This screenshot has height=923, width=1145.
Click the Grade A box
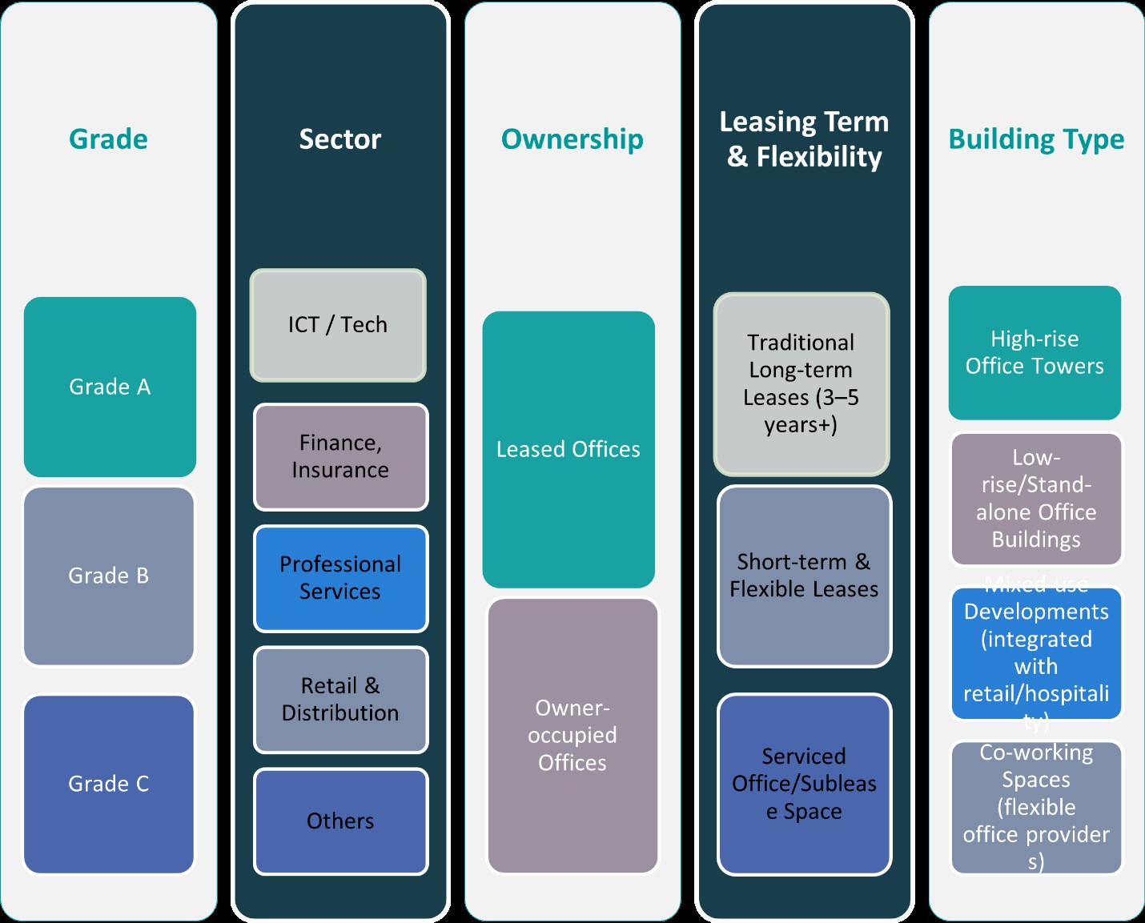[110, 387]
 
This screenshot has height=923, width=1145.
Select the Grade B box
[109, 576]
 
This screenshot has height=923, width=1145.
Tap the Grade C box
[109, 784]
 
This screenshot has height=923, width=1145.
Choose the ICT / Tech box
[338, 325]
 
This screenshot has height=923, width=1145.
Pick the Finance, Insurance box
[340, 456]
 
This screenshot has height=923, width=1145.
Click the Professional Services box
[340, 578]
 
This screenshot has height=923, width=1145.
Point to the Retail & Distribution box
[340, 700]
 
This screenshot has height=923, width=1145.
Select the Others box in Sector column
[340, 821]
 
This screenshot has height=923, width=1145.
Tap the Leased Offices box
[568, 449]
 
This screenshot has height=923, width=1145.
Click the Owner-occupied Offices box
[572, 736]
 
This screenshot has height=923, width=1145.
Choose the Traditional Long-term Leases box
[801, 384]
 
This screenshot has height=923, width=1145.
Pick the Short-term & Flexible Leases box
[804, 576]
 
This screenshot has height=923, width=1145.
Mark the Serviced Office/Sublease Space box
[804, 784]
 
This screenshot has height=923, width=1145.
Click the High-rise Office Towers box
[1035, 352]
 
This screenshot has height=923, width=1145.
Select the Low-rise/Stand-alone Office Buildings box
[1036, 499]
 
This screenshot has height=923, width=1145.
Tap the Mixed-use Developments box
[1036, 653]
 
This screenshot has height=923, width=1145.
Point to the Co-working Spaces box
[1036, 807]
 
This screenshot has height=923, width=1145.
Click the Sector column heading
[340, 139]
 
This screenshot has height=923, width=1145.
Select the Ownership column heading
[572, 139]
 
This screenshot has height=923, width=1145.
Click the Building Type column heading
[1036, 139]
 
